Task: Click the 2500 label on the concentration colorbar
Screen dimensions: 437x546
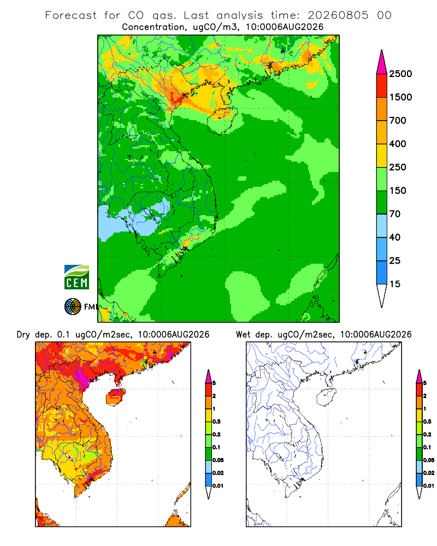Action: coord(400,74)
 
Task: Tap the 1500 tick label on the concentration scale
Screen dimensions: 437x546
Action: coord(400,97)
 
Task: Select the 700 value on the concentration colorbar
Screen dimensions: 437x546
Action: coord(398,121)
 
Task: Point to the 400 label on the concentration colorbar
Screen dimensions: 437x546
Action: coord(398,144)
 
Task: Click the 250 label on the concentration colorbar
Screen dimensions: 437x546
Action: coord(398,167)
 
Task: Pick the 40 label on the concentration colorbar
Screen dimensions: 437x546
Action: coord(395,237)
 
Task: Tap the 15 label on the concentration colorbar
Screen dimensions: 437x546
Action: coord(395,284)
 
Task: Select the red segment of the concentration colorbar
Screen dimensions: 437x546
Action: coord(382,86)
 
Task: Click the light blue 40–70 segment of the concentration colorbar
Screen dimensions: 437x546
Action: coord(382,225)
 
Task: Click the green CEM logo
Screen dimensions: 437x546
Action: coord(76,277)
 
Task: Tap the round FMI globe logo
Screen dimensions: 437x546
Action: coord(73,306)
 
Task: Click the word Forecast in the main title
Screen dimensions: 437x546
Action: coord(71,15)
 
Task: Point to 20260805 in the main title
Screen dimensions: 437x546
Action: coord(338,15)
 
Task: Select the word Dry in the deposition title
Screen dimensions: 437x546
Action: coord(23,335)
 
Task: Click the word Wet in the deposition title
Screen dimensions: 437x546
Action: coord(243,335)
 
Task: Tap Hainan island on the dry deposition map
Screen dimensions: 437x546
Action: coord(115,397)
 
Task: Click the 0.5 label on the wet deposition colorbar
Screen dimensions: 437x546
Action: coord(427,422)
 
